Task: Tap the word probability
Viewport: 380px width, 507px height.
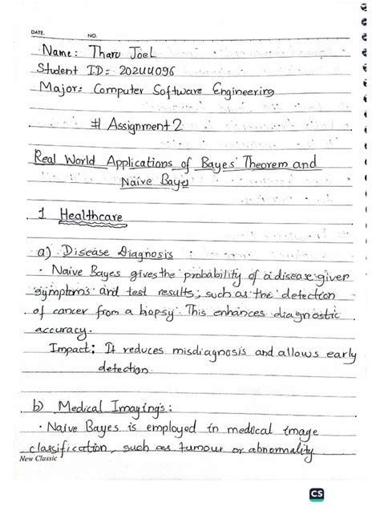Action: pyautogui.click(x=200, y=277)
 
